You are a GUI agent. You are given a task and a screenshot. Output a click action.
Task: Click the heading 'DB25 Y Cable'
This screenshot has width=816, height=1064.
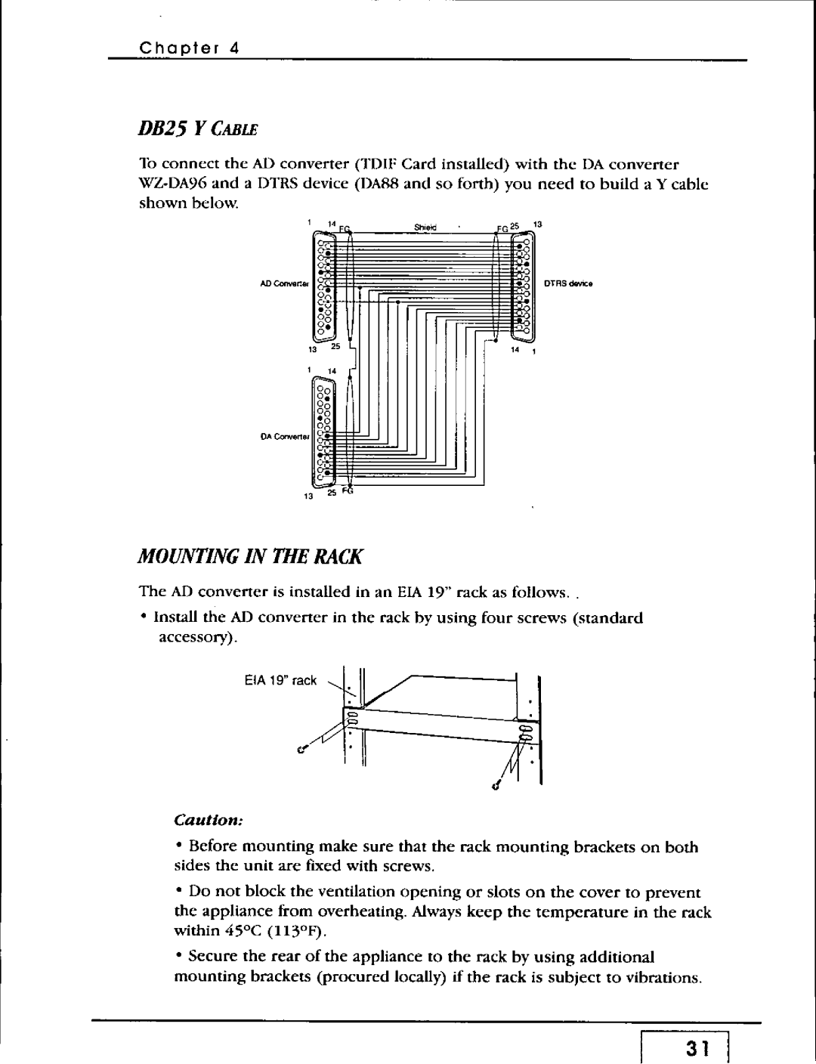pos(199,129)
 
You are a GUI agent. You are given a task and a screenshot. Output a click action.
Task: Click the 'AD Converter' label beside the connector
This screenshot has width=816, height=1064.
pos(287,285)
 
